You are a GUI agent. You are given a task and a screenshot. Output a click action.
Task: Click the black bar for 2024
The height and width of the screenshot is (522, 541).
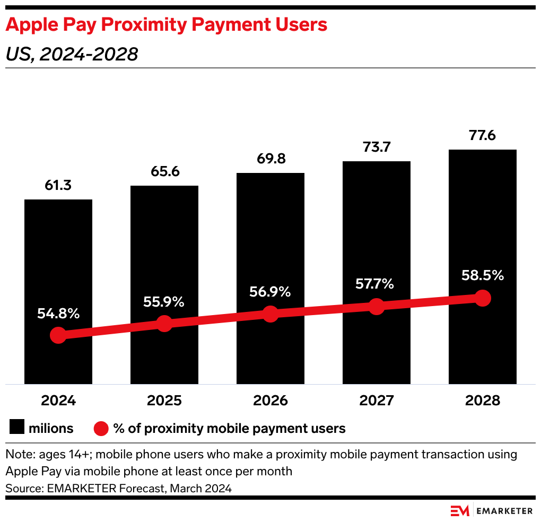[x=58, y=255]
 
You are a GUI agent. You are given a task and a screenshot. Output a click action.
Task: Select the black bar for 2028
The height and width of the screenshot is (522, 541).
[x=482, y=223]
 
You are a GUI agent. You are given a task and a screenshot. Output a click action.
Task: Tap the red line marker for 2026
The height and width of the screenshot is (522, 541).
[x=270, y=314]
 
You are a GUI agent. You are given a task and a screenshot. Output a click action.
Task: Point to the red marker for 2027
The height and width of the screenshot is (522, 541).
[x=376, y=306]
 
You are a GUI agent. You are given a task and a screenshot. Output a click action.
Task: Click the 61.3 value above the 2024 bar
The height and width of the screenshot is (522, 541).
[x=58, y=186]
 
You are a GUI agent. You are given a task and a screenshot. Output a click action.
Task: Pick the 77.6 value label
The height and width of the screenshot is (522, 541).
[x=482, y=136]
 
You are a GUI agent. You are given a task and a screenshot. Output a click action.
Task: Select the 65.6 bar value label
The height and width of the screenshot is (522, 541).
[x=164, y=172]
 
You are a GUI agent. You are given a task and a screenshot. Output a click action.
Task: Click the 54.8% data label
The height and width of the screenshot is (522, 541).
[x=58, y=314]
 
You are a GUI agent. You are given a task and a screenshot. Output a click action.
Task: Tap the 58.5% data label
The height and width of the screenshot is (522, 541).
[x=482, y=276]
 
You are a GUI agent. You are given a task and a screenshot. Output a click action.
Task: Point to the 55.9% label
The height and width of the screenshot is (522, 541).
[x=164, y=302]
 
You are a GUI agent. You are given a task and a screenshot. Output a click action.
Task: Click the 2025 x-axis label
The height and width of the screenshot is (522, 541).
[x=164, y=401]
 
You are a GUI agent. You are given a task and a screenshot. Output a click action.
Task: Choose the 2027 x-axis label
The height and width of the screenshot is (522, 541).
[x=376, y=401]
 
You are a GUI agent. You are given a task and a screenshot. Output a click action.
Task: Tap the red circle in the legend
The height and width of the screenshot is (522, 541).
[x=101, y=428]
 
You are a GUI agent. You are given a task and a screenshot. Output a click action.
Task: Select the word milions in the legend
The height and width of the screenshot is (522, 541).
[x=51, y=428]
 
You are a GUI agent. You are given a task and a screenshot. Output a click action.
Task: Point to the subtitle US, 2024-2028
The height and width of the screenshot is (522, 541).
[x=72, y=54]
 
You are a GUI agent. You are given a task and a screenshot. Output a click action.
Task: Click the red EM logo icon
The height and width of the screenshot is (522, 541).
[x=459, y=511]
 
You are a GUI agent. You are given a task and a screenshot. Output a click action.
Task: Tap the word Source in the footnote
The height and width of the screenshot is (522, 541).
[x=22, y=488]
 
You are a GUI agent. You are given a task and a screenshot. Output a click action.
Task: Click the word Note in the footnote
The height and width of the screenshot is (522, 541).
[x=18, y=455]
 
